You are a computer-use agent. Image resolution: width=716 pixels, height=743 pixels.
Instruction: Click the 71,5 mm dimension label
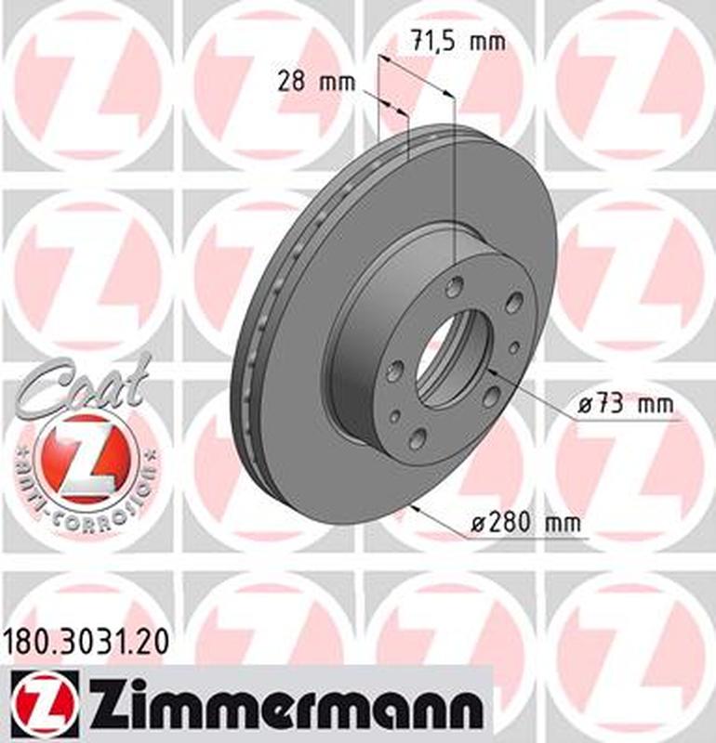tap(456, 42)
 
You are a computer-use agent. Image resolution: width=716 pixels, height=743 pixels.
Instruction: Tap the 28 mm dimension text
tap(317, 81)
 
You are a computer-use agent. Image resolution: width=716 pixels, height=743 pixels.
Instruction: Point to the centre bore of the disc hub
tap(450, 358)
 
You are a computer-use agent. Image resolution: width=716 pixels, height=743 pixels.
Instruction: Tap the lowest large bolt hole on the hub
tap(418, 437)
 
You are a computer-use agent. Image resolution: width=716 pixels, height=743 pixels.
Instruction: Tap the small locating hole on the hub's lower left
tap(394, 415)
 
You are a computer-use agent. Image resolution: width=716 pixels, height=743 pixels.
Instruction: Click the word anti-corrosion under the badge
tap(88, 502)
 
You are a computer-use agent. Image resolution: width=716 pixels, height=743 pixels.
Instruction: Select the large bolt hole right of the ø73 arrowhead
tap(489, 398)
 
